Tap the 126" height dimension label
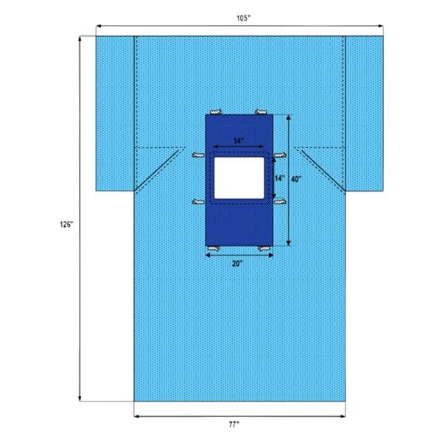(x=67, y=225)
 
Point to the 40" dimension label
(x=295, y=178)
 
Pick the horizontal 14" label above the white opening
(x=237, y=140)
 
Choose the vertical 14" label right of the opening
(x=279, y=178)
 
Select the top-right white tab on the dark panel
(x=261, y=112)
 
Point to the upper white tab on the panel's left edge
(x=197, y=155)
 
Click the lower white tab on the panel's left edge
(x=197, y=202)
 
